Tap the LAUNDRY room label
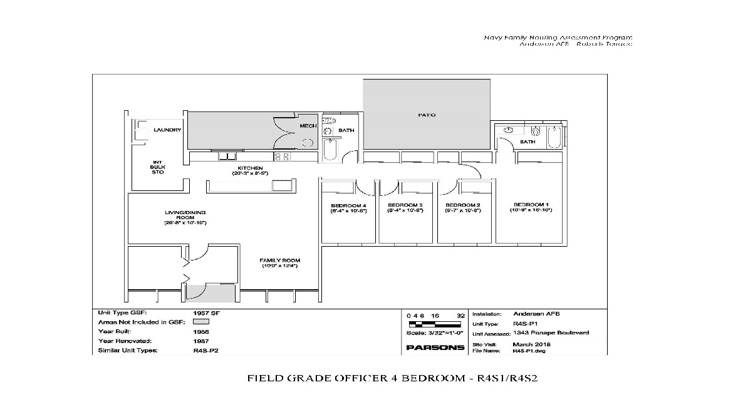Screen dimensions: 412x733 click(167, 130)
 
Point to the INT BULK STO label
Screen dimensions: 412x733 click(157, 167)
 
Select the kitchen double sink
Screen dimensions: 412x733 click(231, 156)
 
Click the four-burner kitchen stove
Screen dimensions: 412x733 click(281, 157)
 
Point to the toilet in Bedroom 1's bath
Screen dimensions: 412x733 click(536, 132)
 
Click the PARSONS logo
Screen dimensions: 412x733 click(435, 348)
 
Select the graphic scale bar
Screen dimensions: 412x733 click(435, 324)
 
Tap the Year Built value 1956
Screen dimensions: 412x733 click(201, 331)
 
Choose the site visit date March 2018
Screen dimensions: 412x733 click(531, 344)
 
